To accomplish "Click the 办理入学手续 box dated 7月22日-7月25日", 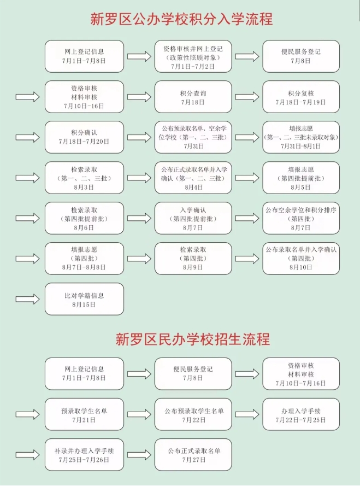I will (x=301, y=415).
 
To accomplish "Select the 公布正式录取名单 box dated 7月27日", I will (x=193, y=455).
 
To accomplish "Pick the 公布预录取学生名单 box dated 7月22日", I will (x=193, y=415).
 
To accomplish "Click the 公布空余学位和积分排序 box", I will (x=301, y=218).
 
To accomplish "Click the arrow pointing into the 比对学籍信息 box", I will (x=28, y=300).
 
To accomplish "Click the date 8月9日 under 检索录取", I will (x=193, y=268).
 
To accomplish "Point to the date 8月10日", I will (x=301, y=268).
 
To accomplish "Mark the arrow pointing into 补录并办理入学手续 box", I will (x=28, y=455).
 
